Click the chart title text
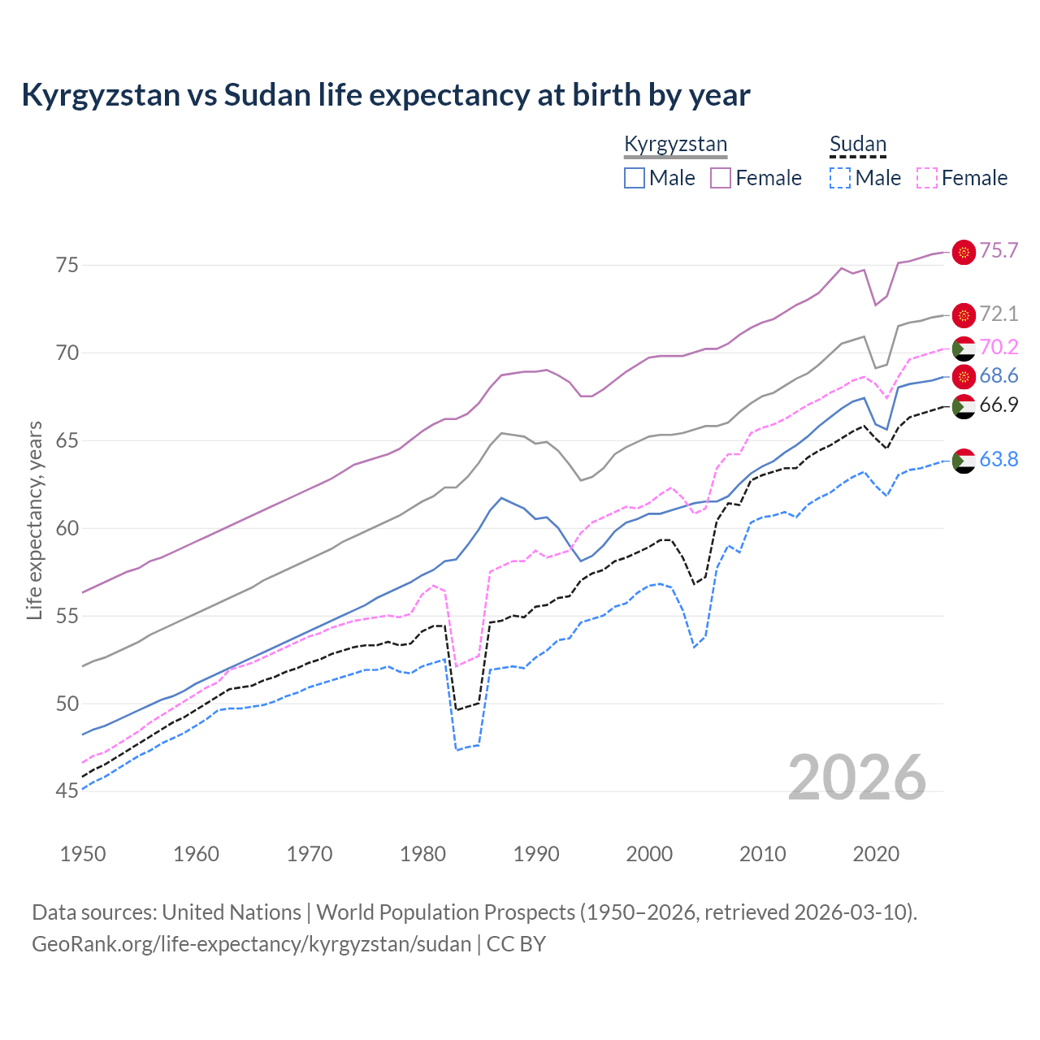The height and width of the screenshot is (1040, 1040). pyautogui.click(x=385, y=95)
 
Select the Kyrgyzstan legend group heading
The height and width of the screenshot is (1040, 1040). pyautogui.click(x=675, y=145)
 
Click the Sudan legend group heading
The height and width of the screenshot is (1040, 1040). pyautogui.click(x=857, y=145)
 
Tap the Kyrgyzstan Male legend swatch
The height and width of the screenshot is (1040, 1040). pyautogui.click(x=635, y=178)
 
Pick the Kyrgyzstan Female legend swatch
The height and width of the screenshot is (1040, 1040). pyautogui.click(x=721, y=178)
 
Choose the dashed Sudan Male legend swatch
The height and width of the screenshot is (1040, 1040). pyautogui.click(x=840, y=178)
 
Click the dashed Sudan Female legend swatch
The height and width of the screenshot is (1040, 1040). pyautogui.click(x=927, y=178)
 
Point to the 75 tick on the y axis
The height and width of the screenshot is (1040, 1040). pyautogui.click(x=67, y=265)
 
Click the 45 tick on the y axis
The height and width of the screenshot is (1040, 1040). pyautogui.click(x=67, y=791)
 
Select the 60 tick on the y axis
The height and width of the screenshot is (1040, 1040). pyautogui.click(x=67, y=528)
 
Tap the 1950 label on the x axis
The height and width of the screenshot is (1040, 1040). pyautogui.click(x=83, y=854)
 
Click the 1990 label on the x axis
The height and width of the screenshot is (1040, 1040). pyautogui.click(x=536, y=854)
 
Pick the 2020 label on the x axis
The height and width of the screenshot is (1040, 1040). pyautogui.click(x=876, y=854)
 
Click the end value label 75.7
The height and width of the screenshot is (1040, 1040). pyautogui.click(x=999, y=251)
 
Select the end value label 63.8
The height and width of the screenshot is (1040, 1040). pyautogui.click(x=999, y=460)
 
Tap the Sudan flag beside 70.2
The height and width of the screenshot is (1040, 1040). pyautogui.click(x=964, y=348)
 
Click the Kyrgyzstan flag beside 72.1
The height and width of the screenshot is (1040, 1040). pyautogui.click(x=964, y=315)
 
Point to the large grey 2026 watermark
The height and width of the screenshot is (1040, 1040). pyautogui.click(x=856, y=778)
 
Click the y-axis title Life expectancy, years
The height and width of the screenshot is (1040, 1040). pyautogui.click(x=35, y=520)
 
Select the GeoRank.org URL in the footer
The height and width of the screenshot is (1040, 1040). pyautogui.click(x=251, y=944)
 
